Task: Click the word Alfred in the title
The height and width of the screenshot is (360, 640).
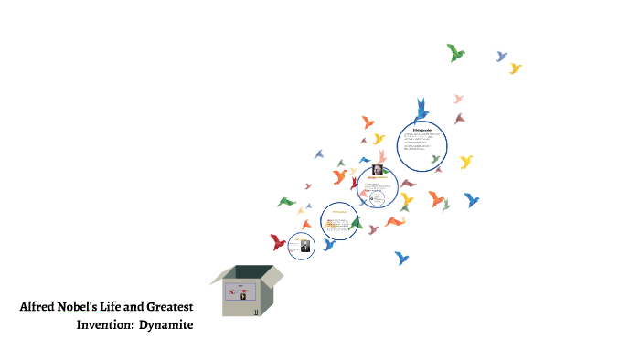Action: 37,307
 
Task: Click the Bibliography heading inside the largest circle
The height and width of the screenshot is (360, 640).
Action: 421,130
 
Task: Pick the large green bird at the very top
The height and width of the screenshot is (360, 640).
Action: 456,52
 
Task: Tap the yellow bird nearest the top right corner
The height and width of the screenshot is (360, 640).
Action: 515,69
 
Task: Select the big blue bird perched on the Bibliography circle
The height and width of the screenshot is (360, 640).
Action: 421,111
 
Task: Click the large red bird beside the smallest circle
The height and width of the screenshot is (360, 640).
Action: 278,242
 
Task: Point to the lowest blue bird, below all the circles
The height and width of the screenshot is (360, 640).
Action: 400,258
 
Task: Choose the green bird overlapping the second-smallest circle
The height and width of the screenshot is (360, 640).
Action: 356,222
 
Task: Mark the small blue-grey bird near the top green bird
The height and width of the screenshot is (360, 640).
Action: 501,57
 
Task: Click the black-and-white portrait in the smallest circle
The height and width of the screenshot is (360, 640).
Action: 305,246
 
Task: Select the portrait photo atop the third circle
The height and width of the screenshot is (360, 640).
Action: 377,168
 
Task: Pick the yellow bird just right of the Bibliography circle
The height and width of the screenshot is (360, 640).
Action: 465,162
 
